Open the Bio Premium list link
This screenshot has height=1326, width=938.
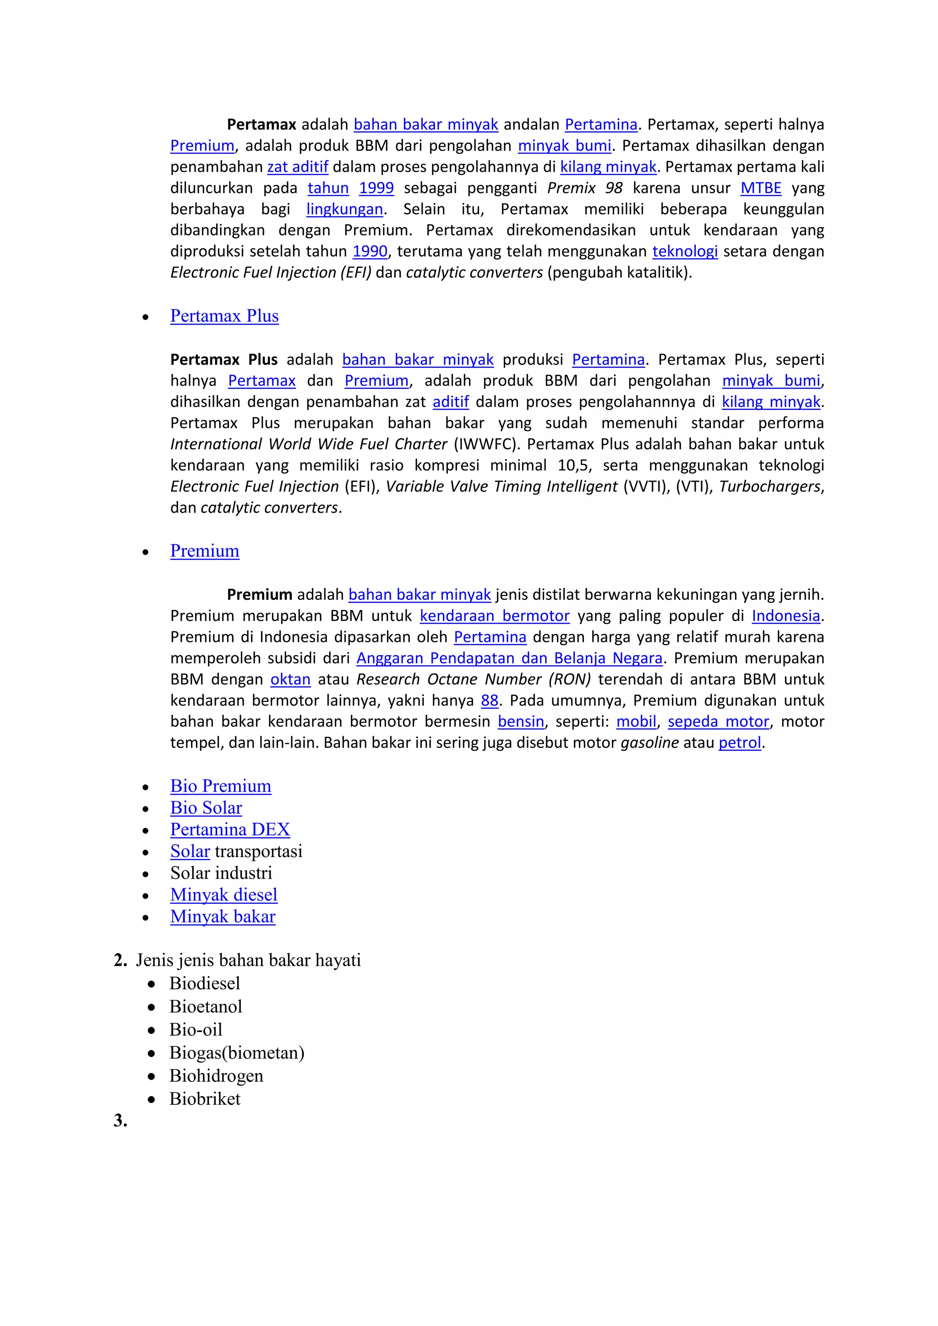point(221,786)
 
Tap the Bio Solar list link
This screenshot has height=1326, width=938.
point(206,808)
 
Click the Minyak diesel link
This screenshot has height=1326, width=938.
point(224,895)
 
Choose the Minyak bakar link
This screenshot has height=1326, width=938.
point(223,917)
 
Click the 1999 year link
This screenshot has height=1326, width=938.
point(376,188)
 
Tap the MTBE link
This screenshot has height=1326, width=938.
point(761,188)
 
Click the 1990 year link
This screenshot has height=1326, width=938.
point(370,252)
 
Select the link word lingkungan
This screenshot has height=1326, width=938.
point(344,209)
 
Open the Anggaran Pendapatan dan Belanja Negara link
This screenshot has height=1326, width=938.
point(509,658)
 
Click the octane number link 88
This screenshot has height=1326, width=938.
point(489,701)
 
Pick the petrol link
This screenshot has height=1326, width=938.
point(739,743)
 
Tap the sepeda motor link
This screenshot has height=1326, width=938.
point(718,722)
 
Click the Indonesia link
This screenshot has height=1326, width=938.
point(785,616)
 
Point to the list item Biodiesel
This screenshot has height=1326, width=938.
point(204,984)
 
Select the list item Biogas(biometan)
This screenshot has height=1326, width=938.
point(236,1053)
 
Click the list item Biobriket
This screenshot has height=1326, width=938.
point(204,1099)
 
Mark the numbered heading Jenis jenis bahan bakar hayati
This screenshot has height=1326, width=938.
point(248,961)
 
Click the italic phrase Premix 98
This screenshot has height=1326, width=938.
point(584,188)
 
